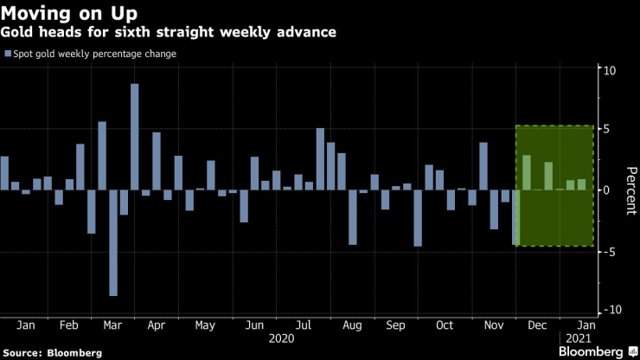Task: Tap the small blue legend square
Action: coord(8,54)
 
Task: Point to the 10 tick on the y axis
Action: coord(609,70)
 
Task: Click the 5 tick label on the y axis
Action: coord(609,130)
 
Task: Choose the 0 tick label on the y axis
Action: coord(609,190)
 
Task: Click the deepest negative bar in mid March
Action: coord(113,242)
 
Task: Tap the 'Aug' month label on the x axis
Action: coord(353,326)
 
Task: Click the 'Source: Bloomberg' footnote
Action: coord(52,352)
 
